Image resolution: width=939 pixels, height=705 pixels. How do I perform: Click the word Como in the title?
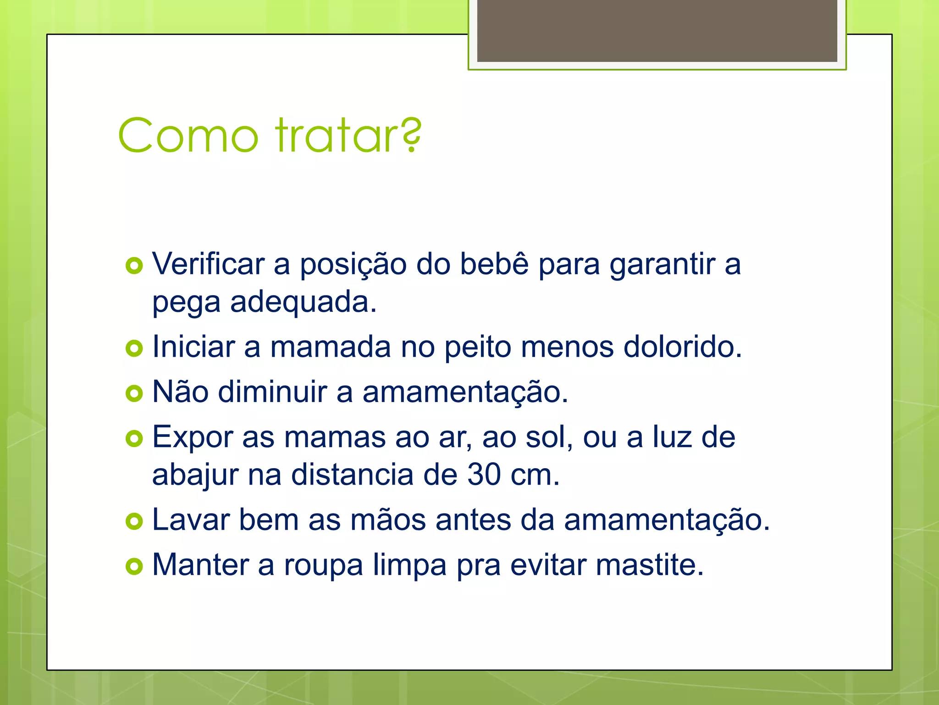click(188, 136)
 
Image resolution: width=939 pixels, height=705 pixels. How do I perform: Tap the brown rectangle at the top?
click(657, 30)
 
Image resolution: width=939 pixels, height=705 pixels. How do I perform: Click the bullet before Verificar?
click(134, 266)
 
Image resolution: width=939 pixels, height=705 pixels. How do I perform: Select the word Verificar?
click(209, 264)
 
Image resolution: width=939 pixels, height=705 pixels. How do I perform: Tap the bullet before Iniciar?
click(134, 348)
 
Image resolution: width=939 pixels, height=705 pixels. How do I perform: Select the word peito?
click(477, 347)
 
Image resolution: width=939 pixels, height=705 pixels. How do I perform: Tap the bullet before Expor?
click(134, 438)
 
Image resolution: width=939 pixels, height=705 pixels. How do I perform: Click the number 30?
click(484, 475)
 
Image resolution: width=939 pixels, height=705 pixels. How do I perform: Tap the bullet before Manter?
click(134, 566)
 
